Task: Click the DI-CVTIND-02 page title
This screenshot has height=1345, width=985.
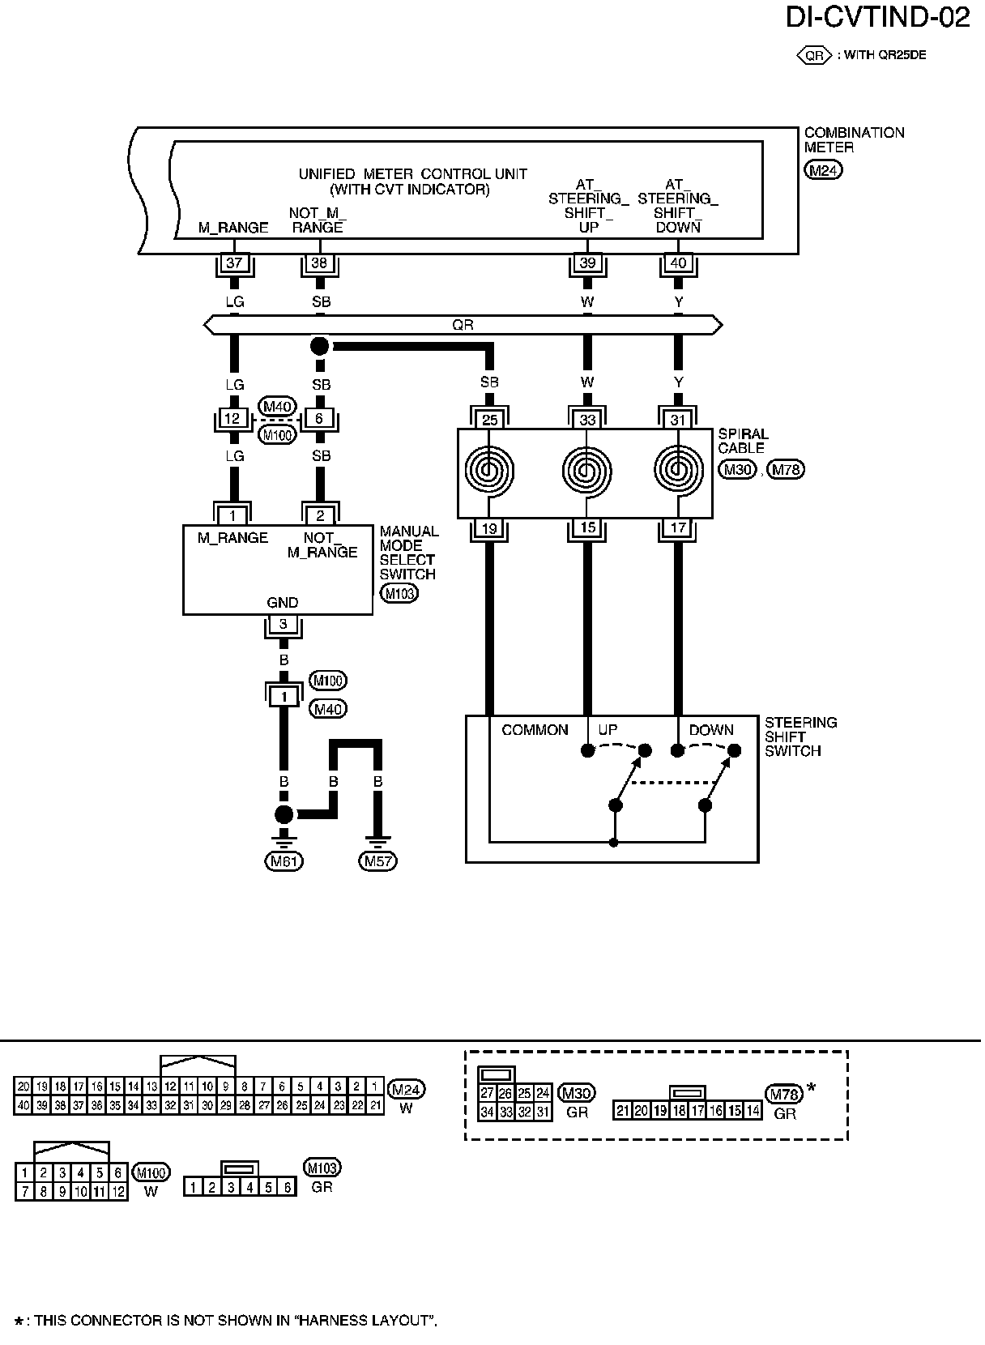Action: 877,18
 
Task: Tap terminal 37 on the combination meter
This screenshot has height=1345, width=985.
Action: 234,263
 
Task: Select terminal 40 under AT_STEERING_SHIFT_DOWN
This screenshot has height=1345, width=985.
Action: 678,263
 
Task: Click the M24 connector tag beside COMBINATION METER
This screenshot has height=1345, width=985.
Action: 824,170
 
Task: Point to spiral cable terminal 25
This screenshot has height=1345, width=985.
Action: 490,420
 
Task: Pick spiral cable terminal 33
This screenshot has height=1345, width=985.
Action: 587,420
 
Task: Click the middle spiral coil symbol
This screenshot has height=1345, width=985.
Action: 587,471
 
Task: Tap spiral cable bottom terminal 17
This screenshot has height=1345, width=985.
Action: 678,527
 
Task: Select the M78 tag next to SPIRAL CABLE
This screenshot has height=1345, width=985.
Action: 785,470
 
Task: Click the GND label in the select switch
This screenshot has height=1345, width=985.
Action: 282,602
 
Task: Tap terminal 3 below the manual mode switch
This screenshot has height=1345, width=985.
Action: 284,624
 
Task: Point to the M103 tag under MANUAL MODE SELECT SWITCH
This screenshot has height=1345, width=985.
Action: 399,594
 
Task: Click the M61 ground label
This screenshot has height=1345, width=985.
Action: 284,861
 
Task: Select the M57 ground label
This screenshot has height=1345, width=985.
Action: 378,861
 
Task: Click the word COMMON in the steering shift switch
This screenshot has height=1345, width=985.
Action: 535,730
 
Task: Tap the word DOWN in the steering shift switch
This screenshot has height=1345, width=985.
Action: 711,730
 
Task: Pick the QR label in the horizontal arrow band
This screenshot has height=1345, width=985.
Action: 463,325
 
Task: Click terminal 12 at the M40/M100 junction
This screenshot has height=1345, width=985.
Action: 232,419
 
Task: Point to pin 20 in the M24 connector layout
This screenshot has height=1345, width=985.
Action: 23,1087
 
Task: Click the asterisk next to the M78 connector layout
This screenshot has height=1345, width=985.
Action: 812,1088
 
